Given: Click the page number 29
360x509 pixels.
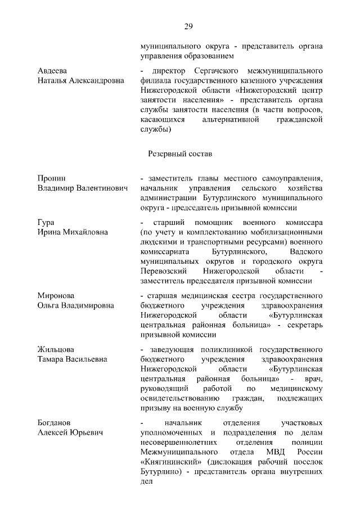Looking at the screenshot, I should point(188,26).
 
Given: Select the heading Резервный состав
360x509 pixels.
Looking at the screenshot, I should point(179,153).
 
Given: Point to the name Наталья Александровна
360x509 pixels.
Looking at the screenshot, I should point(81,81).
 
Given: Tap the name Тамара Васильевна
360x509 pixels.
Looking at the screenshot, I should point(73,359).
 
